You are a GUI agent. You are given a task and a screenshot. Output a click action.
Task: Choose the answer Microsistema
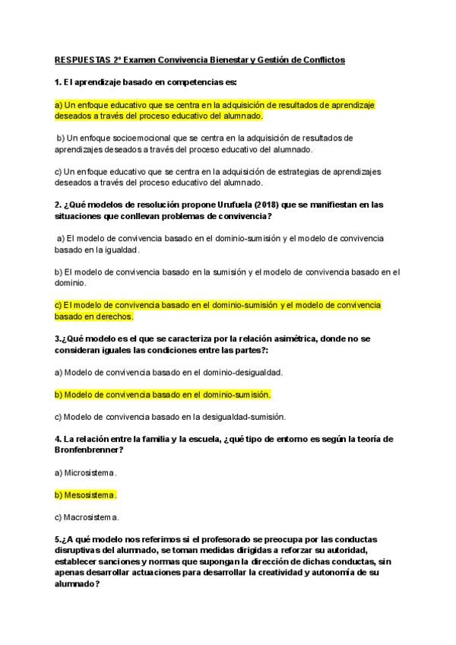tap(86, 472)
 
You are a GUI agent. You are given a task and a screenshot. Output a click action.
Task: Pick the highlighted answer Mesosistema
tap(86, 495)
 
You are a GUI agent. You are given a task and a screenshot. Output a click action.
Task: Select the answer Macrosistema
tap(87, 517)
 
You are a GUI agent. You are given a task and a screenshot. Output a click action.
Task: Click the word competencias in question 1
tap(193, 81)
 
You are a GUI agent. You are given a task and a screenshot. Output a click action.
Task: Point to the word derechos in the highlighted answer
tap(112, 316)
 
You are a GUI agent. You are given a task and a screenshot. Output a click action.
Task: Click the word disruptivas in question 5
tap(78, 550)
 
